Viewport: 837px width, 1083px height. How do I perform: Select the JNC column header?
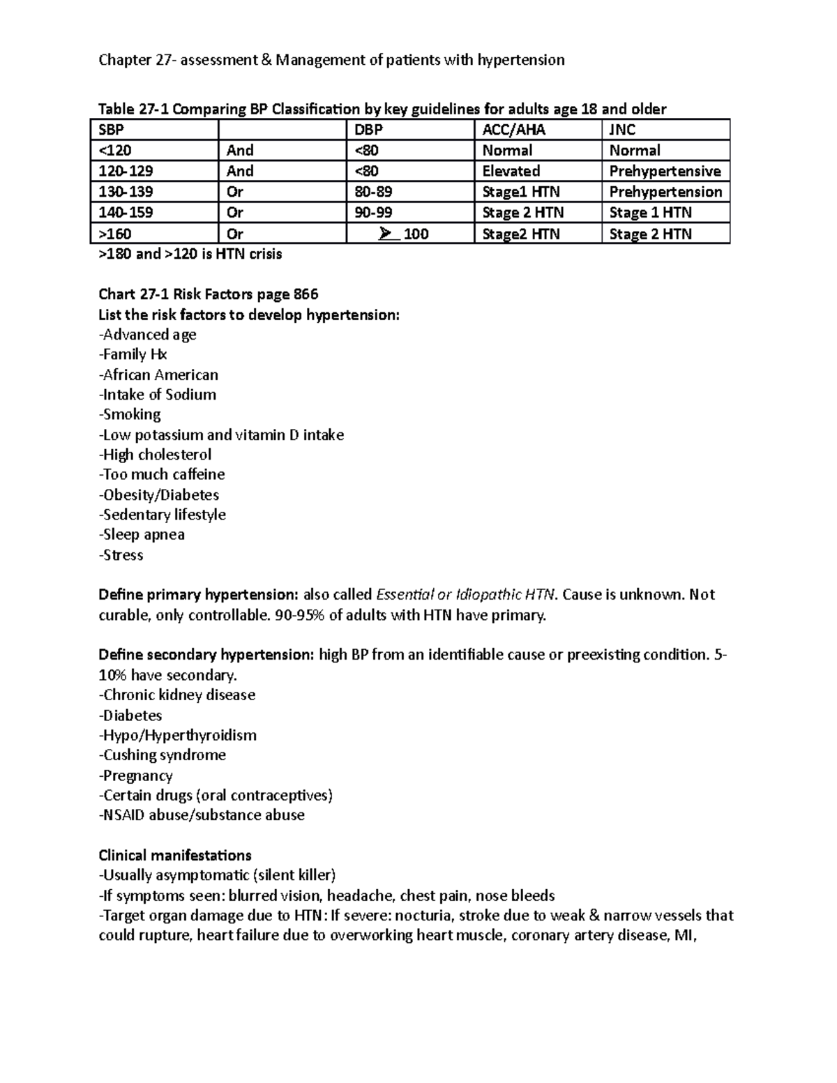coord(622,130)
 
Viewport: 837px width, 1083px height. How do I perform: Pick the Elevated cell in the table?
coord(511,171)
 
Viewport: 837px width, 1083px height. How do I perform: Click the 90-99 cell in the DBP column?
coord(369,213)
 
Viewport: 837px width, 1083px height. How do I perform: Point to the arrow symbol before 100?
coord(386,234)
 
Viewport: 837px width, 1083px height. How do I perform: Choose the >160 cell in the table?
coord(115,234)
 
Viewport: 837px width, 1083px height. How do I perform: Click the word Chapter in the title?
coord(125,60)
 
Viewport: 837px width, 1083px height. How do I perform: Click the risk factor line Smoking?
coord(130,415)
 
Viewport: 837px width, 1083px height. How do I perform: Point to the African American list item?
coord(159,375)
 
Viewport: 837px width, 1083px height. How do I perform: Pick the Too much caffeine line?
coord(162,475)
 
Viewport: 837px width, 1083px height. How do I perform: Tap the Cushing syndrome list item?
coord(163,755)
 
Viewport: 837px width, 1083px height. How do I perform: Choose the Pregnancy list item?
coord(136,775)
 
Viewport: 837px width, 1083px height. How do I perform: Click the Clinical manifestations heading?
coord(175,856)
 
